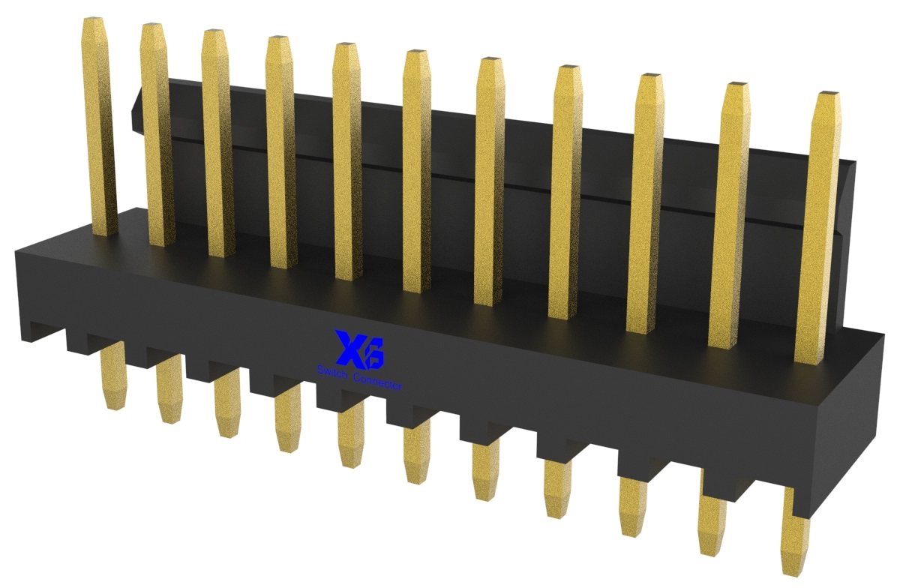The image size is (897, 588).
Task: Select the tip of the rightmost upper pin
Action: click(x=829, y=97)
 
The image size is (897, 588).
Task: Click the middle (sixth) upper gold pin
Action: click(x=417, y=172)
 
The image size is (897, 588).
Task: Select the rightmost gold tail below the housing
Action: click(x=796, y=540)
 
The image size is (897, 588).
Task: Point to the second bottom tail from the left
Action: click(x=169, y=394)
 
